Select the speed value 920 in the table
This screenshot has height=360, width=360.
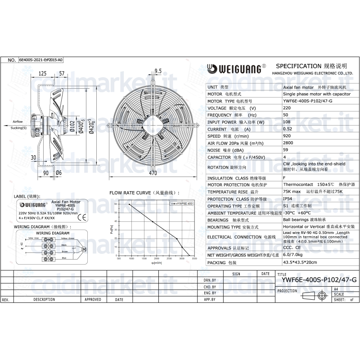[x=287, y=136]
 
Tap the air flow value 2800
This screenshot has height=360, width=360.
[x=288, y=143]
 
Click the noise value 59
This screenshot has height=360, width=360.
[x=285, y=149]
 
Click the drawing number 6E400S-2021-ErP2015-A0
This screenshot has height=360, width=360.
[x=41, y=60]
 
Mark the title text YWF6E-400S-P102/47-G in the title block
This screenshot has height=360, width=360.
[x=319, y=280]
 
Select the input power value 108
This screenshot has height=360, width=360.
[x=287, y=122]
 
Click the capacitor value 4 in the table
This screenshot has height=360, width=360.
[x=284, y=157]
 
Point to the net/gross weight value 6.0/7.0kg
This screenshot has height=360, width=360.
[x=293, y=255]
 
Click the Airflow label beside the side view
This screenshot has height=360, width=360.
[x=18, y=122]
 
